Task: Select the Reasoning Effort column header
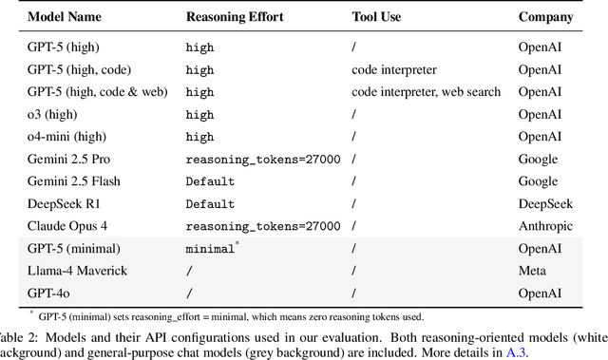238,16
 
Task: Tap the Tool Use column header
378,16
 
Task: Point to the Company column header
546,16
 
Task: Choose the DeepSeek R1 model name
62,204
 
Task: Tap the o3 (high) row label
53,115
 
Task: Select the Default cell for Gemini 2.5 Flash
210,181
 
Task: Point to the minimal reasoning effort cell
209,249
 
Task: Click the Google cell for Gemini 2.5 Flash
538,181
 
